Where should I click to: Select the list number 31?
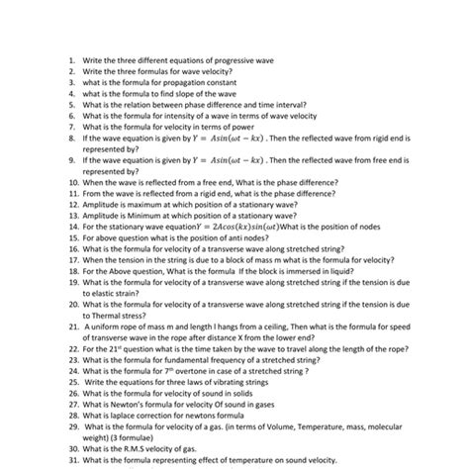72,462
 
